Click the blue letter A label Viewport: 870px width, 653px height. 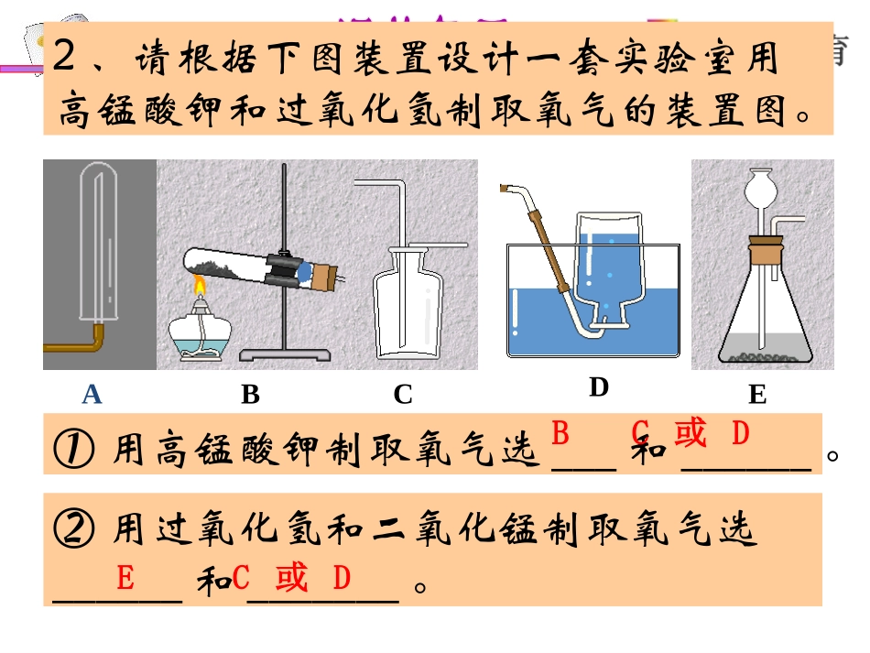[92, 395]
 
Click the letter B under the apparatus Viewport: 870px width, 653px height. [250, 395]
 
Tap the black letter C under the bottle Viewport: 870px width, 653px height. [403, 395]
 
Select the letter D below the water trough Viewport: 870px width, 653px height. [598, 387]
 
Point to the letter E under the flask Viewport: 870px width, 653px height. [756, 395]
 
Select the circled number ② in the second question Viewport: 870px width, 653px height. [71, 529]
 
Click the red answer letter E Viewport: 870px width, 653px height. [125, 578]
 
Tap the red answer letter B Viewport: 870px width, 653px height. [560, 432]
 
